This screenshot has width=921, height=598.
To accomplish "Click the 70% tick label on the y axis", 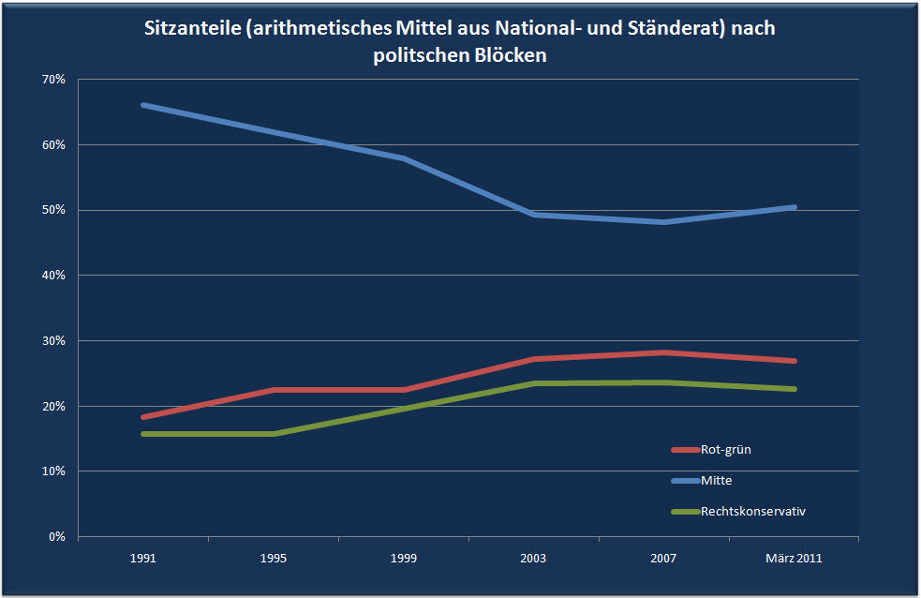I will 53,80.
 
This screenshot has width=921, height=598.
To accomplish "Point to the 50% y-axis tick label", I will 53,210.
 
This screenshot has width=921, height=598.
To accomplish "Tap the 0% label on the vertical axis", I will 56,536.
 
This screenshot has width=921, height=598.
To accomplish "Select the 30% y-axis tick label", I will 53,340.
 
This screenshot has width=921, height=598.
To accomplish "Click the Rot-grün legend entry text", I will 725,449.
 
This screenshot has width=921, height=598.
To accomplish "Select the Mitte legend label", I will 716,480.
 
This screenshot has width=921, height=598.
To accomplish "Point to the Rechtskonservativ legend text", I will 753,511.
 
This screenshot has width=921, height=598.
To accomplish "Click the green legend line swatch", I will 685,512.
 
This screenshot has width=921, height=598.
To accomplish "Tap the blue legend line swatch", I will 685,481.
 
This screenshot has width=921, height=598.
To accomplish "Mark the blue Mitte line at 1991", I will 143,105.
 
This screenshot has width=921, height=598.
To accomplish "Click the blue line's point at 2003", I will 533,215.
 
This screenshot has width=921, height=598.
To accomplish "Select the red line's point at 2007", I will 663,352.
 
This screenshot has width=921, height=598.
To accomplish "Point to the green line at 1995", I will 274,434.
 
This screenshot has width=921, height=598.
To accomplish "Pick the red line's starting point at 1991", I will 143,417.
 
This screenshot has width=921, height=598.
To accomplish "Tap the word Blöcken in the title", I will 512,55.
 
